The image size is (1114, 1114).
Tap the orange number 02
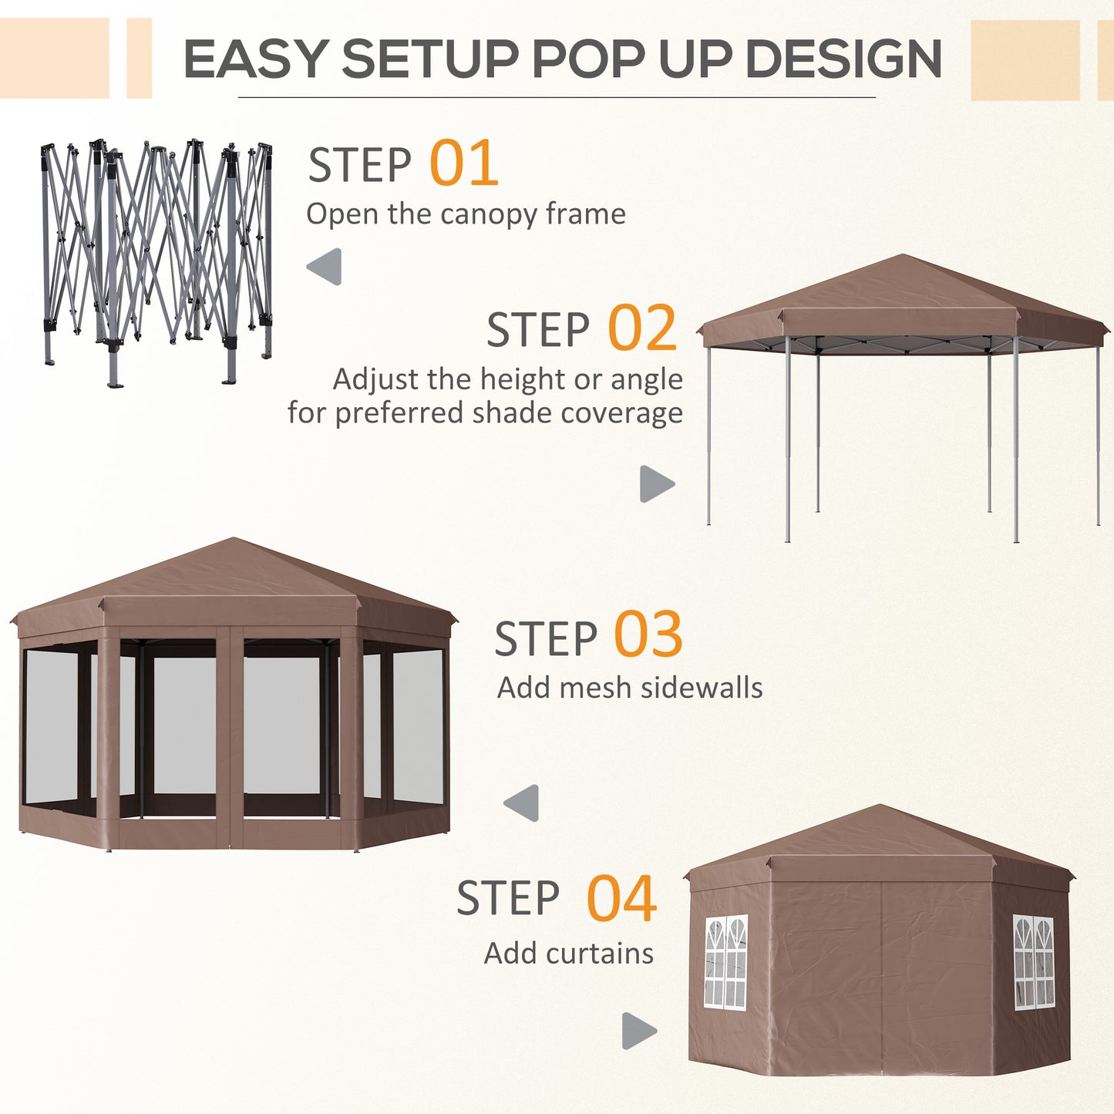[x=642, y=328]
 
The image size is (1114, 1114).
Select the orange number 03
[x=648, y=634]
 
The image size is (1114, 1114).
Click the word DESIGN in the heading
[x=843, y=59]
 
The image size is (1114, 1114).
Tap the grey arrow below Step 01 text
[x=325, y=267]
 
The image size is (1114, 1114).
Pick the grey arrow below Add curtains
[x=638, y=1031]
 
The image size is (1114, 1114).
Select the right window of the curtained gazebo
[x=1033, y=962]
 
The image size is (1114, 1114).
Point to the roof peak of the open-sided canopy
[x=902, y=257]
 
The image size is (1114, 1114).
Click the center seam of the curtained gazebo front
[x=880, y=971]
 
